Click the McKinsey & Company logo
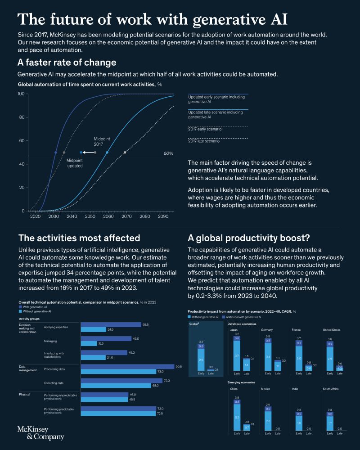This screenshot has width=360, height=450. point(40,433)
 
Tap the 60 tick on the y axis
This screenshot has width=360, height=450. point(21,141)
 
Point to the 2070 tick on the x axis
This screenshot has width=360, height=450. point(126,216)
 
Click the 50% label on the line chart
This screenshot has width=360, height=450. point(168,153)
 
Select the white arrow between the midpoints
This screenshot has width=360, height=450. point(88,153)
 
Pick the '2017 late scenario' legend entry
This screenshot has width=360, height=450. point(203,141)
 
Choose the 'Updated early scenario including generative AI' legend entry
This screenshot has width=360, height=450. point(209,99)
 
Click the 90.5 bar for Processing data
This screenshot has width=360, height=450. point(127,367)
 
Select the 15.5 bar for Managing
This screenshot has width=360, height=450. point(89,343)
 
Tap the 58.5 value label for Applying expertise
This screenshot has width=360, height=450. point(145,324)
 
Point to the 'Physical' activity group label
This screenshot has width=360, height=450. point(24,394)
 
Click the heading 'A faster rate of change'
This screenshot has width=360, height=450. point(67,63)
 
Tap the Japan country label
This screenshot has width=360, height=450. point(234,330)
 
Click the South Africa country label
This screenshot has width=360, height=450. point(331,388)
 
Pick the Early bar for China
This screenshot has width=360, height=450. point(237,414)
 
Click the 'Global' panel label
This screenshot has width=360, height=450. point(194,324)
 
